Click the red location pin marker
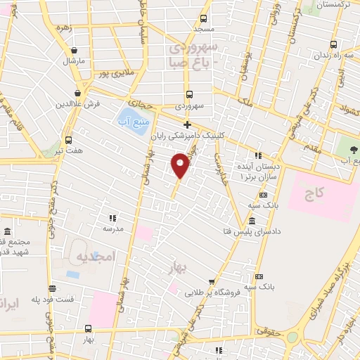pos(180,165)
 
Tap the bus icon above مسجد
pos(203,19)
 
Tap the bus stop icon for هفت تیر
pos(68,139)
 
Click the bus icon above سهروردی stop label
pos(189,94)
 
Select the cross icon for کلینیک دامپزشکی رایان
pos(186,124)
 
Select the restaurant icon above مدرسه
pos(112,218)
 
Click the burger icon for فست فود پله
pos(52,288)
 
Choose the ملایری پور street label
pos(115,73)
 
